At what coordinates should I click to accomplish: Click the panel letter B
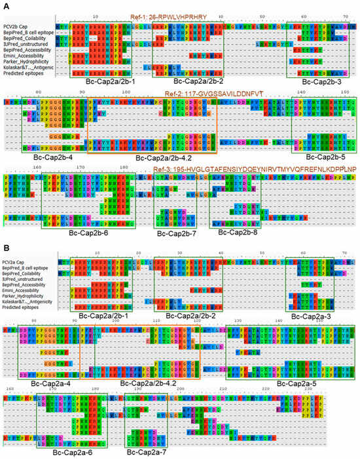[x=5, y=231]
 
